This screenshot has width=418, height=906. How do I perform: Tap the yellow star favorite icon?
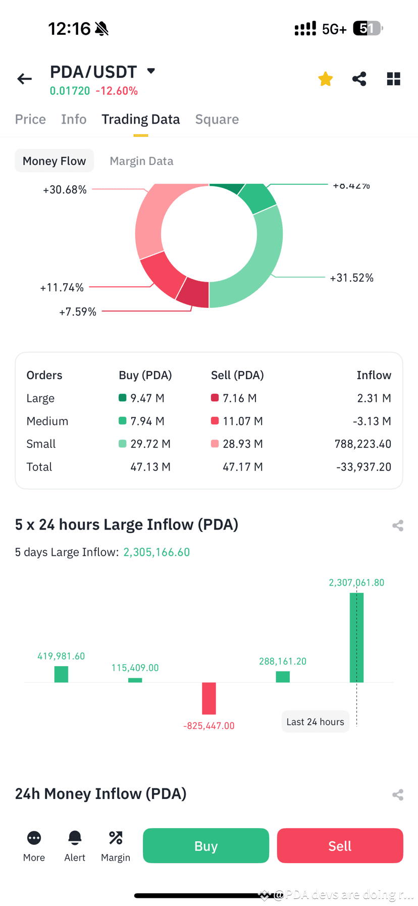[326, 79]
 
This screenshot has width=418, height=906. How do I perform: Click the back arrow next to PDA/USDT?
[24, 79]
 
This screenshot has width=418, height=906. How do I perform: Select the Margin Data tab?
[141, 161]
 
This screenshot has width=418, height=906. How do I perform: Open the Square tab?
[217, 120]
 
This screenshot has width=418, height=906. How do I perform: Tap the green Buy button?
[205, 845]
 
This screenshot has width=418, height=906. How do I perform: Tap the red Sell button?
[340, 845]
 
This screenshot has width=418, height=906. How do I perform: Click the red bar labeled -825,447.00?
[209, 698]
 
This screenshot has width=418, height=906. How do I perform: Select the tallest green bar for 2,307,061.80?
[356, 637]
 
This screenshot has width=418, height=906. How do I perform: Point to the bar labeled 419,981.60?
[61, 674]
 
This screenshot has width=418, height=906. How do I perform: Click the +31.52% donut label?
[351, 278]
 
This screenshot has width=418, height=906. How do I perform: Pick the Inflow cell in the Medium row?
[374, 421]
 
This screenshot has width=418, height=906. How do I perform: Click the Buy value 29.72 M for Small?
[150, 444]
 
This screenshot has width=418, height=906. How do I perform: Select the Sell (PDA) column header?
[237, 375]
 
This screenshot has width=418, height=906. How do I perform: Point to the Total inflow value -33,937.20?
[363, 467]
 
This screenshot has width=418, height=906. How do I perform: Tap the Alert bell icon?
[75, 838]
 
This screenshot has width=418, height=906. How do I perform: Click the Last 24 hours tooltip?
[315, 722]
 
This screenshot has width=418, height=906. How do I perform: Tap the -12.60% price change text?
[117, 91]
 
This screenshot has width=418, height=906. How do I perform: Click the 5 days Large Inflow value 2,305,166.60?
[156, 552]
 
